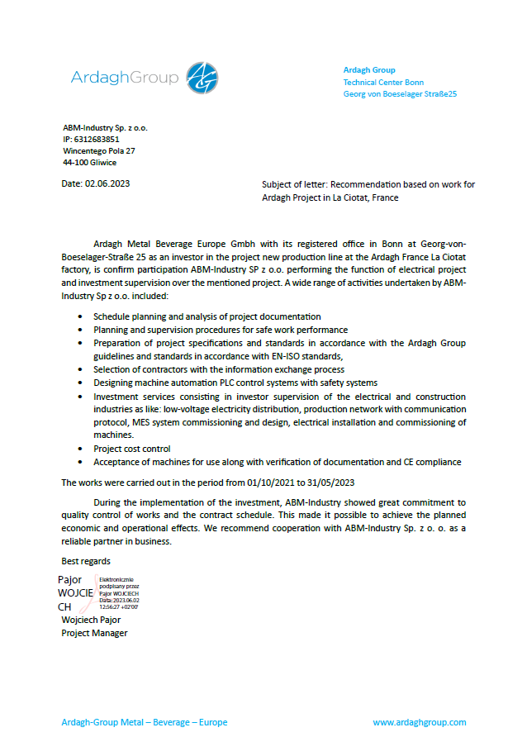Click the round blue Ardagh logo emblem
[202, 78]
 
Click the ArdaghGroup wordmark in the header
[125, 78]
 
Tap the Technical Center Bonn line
[383, 83]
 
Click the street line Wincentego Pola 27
[99, 151]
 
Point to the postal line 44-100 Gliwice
[90, 163]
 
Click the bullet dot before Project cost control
[79, 449]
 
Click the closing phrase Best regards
[86, 561]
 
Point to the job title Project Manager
[94, 633]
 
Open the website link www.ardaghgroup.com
[419, 722]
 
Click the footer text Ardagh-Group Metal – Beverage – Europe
[145, 722]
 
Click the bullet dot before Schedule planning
[79, 317]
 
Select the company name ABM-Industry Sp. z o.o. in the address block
[105, 128]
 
